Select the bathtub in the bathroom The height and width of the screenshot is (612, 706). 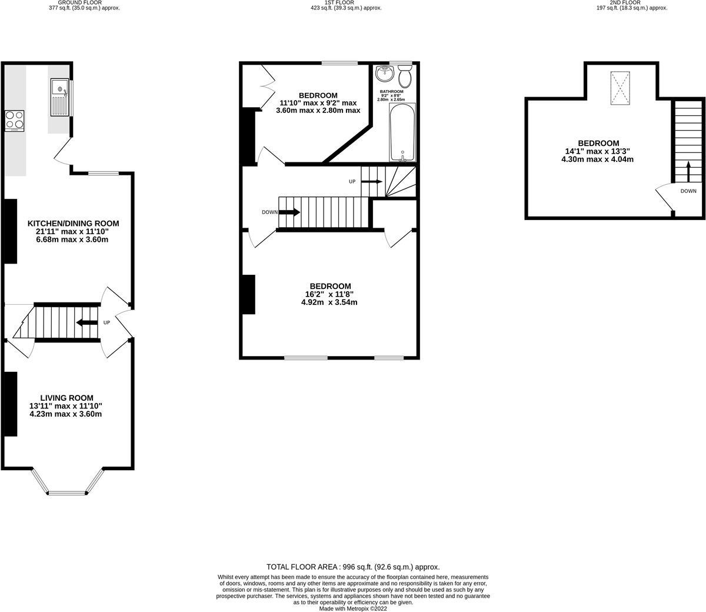(402, 132)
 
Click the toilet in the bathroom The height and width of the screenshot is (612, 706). (405, 76)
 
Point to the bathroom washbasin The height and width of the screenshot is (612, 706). (385, 74)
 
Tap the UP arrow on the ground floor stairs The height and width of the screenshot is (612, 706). (87, 322)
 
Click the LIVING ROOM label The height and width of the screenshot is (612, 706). (66, 398)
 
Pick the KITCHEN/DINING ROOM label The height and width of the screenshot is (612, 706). (74, 223)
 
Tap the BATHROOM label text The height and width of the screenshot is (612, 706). (391, 92)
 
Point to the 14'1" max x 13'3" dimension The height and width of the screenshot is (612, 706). (598, 151)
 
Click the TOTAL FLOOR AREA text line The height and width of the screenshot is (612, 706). (353, 566)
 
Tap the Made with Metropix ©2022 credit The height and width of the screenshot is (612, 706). (353, 608)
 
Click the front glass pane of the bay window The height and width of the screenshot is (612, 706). (67, 493)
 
